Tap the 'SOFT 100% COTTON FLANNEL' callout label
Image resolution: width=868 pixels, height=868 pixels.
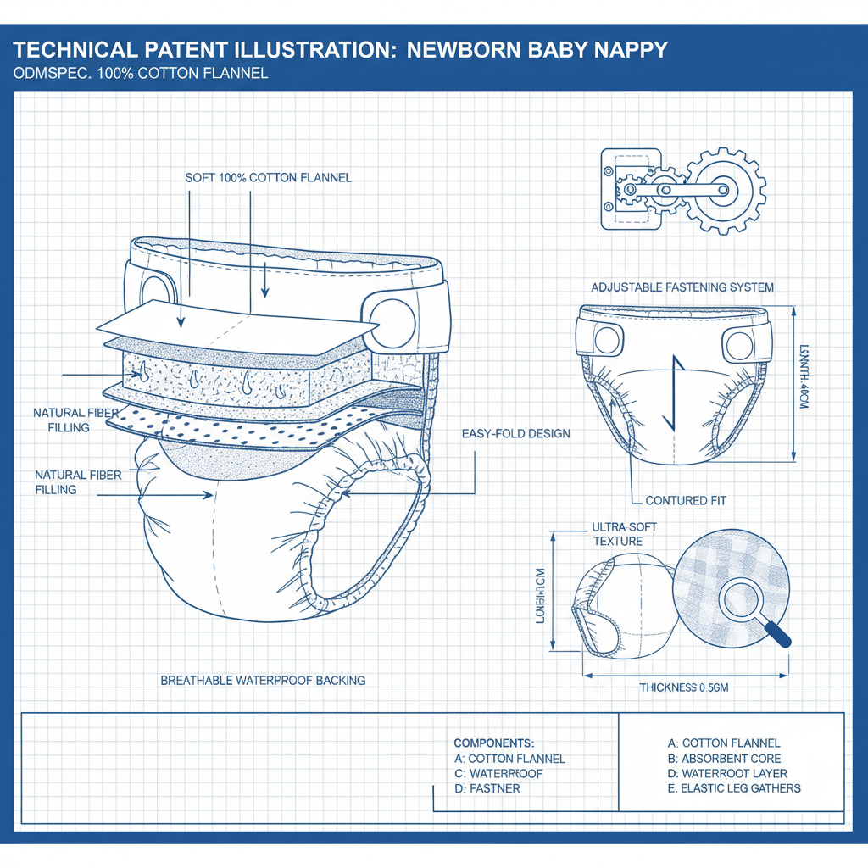(268, 178)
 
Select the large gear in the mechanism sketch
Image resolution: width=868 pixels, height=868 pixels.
(726, 192)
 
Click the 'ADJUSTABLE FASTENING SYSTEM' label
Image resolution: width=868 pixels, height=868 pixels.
(682, 287)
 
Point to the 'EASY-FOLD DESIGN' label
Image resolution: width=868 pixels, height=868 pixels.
(515, 434)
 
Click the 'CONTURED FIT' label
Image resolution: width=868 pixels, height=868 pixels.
(687, 500)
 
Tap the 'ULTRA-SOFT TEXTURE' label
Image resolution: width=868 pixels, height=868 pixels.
(624, 534)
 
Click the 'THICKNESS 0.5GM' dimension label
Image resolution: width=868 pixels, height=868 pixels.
(684, 687)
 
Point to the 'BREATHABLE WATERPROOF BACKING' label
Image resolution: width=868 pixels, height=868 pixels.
(263, 680)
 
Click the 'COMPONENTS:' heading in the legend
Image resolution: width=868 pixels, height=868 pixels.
(493, 743)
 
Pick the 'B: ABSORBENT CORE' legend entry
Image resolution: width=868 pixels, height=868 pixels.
(725, 758)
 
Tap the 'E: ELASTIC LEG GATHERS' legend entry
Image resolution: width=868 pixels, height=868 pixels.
(734, 788)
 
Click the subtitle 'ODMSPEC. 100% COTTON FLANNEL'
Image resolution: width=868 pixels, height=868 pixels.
(141, 73)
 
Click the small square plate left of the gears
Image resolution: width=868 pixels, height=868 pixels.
(631, 190)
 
